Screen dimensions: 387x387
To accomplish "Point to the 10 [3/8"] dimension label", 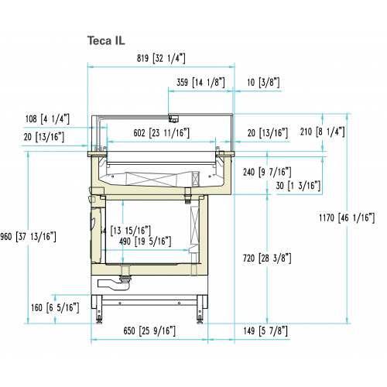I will pyautogui.click(x=263, y=81).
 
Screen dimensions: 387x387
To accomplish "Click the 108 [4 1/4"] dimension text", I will pyautogui.click(x=47, y=118).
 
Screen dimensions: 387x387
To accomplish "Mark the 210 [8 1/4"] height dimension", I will pyautogui.click(x=338, y=132).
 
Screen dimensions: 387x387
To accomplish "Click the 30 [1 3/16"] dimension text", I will pyautogui.click(x=299, y=185).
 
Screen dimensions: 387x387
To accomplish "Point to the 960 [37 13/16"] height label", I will pyautogui.click(x=29, y=236).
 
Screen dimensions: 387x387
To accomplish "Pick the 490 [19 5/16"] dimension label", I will pyautogui.click(x=145, y=241).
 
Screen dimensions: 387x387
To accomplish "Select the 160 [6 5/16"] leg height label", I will pyautogui.click(x=55, y=307).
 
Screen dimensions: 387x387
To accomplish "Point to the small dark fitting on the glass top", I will pyautogui.click(x=174, y=118).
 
